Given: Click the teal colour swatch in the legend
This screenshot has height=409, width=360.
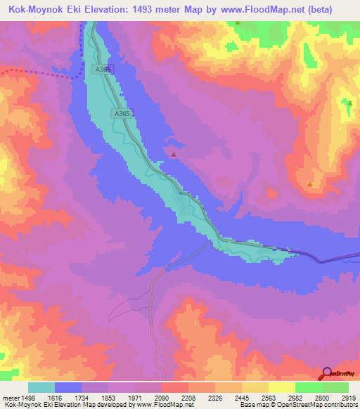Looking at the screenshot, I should coord(41,387).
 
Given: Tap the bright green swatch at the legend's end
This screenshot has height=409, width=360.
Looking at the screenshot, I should coord(335,387).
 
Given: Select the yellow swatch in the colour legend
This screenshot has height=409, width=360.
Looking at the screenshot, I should coord(282,387).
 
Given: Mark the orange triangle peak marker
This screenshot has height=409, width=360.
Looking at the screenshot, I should coord(310,184).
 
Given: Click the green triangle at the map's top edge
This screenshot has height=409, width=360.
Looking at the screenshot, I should coord(238,22).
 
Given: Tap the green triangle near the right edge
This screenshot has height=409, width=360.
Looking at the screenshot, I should coord(349,103).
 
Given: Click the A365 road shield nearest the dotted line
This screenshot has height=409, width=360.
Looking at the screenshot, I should coord(102,70).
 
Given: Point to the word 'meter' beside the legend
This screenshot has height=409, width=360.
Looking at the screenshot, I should coord(10,397).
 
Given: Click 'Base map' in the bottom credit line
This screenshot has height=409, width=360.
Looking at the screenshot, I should coord(250,405).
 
